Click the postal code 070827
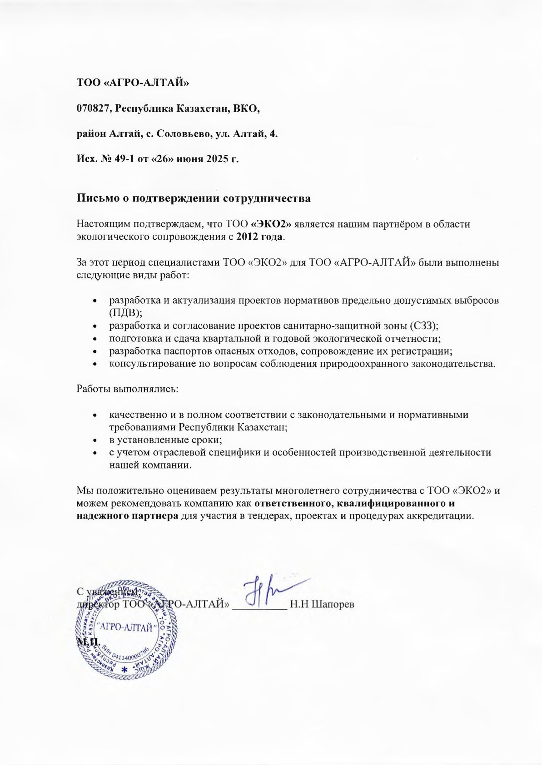tap(93, 109)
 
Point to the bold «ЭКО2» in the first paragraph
tap(271, 224)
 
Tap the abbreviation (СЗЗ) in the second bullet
tap(423, 326)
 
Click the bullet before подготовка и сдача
tap(94, 339)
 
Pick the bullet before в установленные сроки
tap(94, 440)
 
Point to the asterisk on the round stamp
tap(124, 670)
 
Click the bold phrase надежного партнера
tap(127, 516)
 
